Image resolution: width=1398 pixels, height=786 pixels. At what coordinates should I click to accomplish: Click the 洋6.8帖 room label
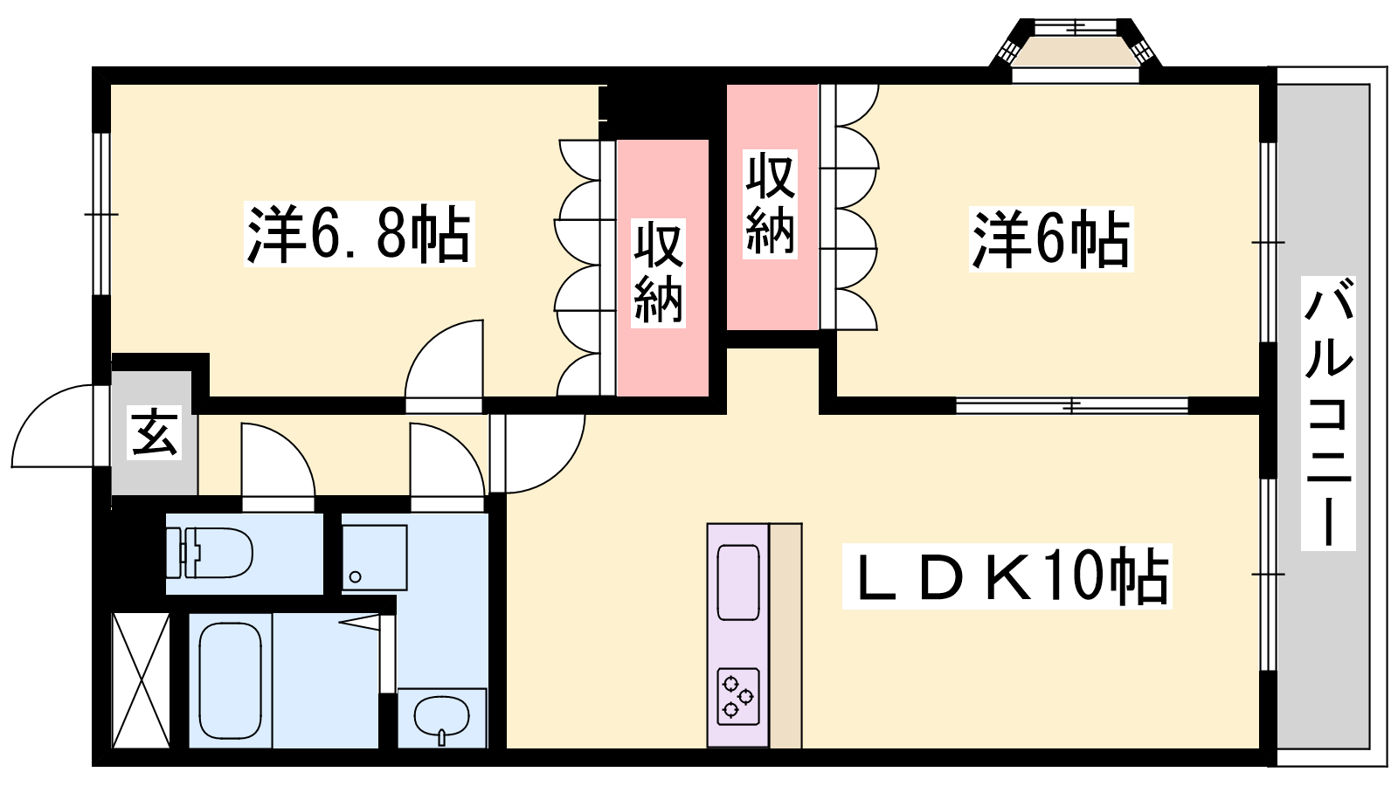[x=359, y=234]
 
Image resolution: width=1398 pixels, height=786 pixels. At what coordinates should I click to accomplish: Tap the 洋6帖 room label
[x=1051, y=239]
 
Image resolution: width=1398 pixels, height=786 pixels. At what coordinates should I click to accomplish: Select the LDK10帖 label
[x=1007, y=576]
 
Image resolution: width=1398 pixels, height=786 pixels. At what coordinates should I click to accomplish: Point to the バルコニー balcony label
[x=1327, y=413]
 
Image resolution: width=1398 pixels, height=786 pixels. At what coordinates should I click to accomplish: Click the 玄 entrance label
[x=154, y=432]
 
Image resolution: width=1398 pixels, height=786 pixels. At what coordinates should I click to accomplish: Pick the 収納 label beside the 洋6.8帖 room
[x=658, y=273]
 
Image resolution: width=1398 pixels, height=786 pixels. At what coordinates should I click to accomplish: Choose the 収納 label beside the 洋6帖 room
[x=770, y=204]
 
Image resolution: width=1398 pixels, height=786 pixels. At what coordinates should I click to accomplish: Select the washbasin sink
[x=442, y=717]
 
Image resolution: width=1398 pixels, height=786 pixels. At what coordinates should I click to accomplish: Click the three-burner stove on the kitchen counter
[x=738, y=696]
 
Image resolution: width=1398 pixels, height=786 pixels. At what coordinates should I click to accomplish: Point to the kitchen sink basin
[x=738, y=582]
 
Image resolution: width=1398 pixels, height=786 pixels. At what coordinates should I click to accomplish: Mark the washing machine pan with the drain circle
[x=375, y=558]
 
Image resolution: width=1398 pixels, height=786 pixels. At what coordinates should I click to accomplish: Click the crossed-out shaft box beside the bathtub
[x=141, y=680]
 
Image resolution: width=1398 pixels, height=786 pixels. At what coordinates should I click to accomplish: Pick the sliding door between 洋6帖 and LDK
[x=1071, y=405]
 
